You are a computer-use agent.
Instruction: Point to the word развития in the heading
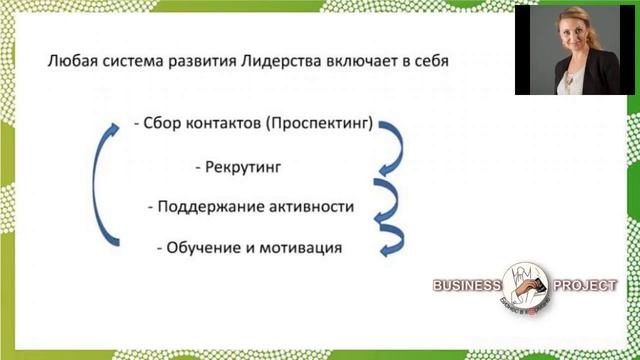[201, 61]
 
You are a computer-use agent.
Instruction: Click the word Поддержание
[209, 206]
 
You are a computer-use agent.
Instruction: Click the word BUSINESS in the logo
[466, 286]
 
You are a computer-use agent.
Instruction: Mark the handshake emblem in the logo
[524, 285]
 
